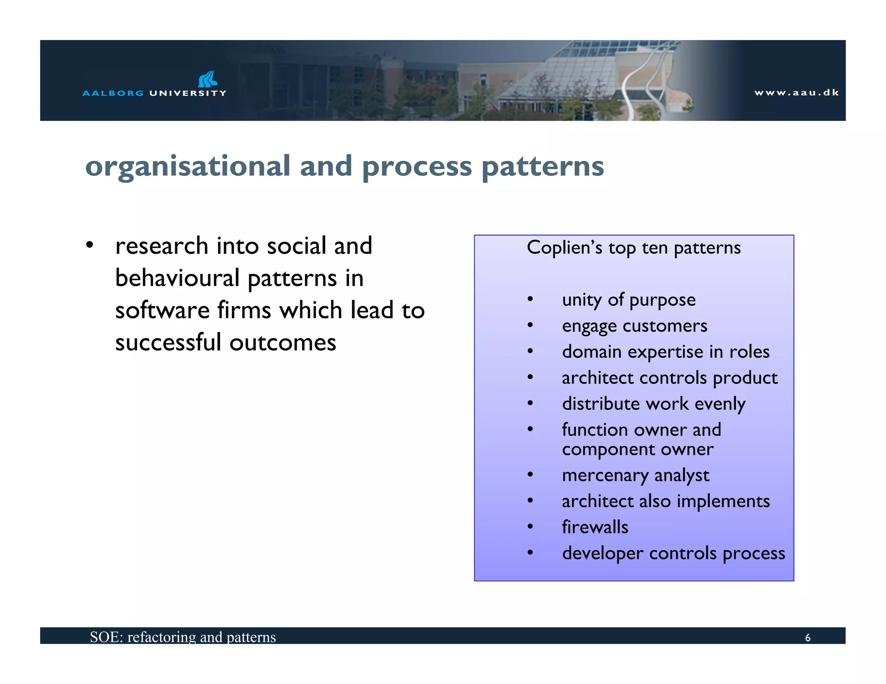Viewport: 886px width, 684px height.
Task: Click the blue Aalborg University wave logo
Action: coord(208,79)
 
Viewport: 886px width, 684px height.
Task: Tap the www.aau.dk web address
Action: coord(796,93)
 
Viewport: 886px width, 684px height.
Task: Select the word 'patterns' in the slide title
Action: coord(543,167)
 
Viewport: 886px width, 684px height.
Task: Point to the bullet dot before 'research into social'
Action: coord(90,245)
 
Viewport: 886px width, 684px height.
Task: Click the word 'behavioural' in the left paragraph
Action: coord(177,278)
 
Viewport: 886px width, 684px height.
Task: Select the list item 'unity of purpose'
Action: coord(629,300)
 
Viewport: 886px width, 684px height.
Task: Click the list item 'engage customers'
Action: coord(634,326)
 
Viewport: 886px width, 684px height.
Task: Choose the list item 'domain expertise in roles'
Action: coord(665,352)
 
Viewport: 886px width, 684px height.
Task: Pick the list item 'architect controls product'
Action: coord(669,378)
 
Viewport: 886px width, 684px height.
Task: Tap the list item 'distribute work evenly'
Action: coord(653,404)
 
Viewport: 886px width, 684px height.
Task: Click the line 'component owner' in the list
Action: coord(637,450)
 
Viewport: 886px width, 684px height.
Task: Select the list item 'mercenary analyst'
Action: coord(635,475)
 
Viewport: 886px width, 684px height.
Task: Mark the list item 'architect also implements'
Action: coord(665,502)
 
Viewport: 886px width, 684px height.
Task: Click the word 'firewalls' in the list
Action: coord(595,527)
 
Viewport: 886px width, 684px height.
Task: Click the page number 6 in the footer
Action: coord(807,638)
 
